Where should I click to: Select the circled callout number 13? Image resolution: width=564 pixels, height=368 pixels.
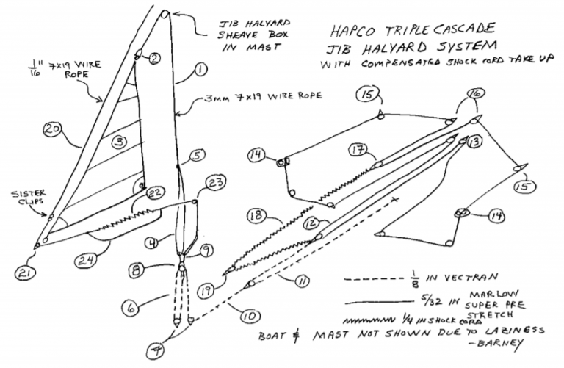coord(474,140)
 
